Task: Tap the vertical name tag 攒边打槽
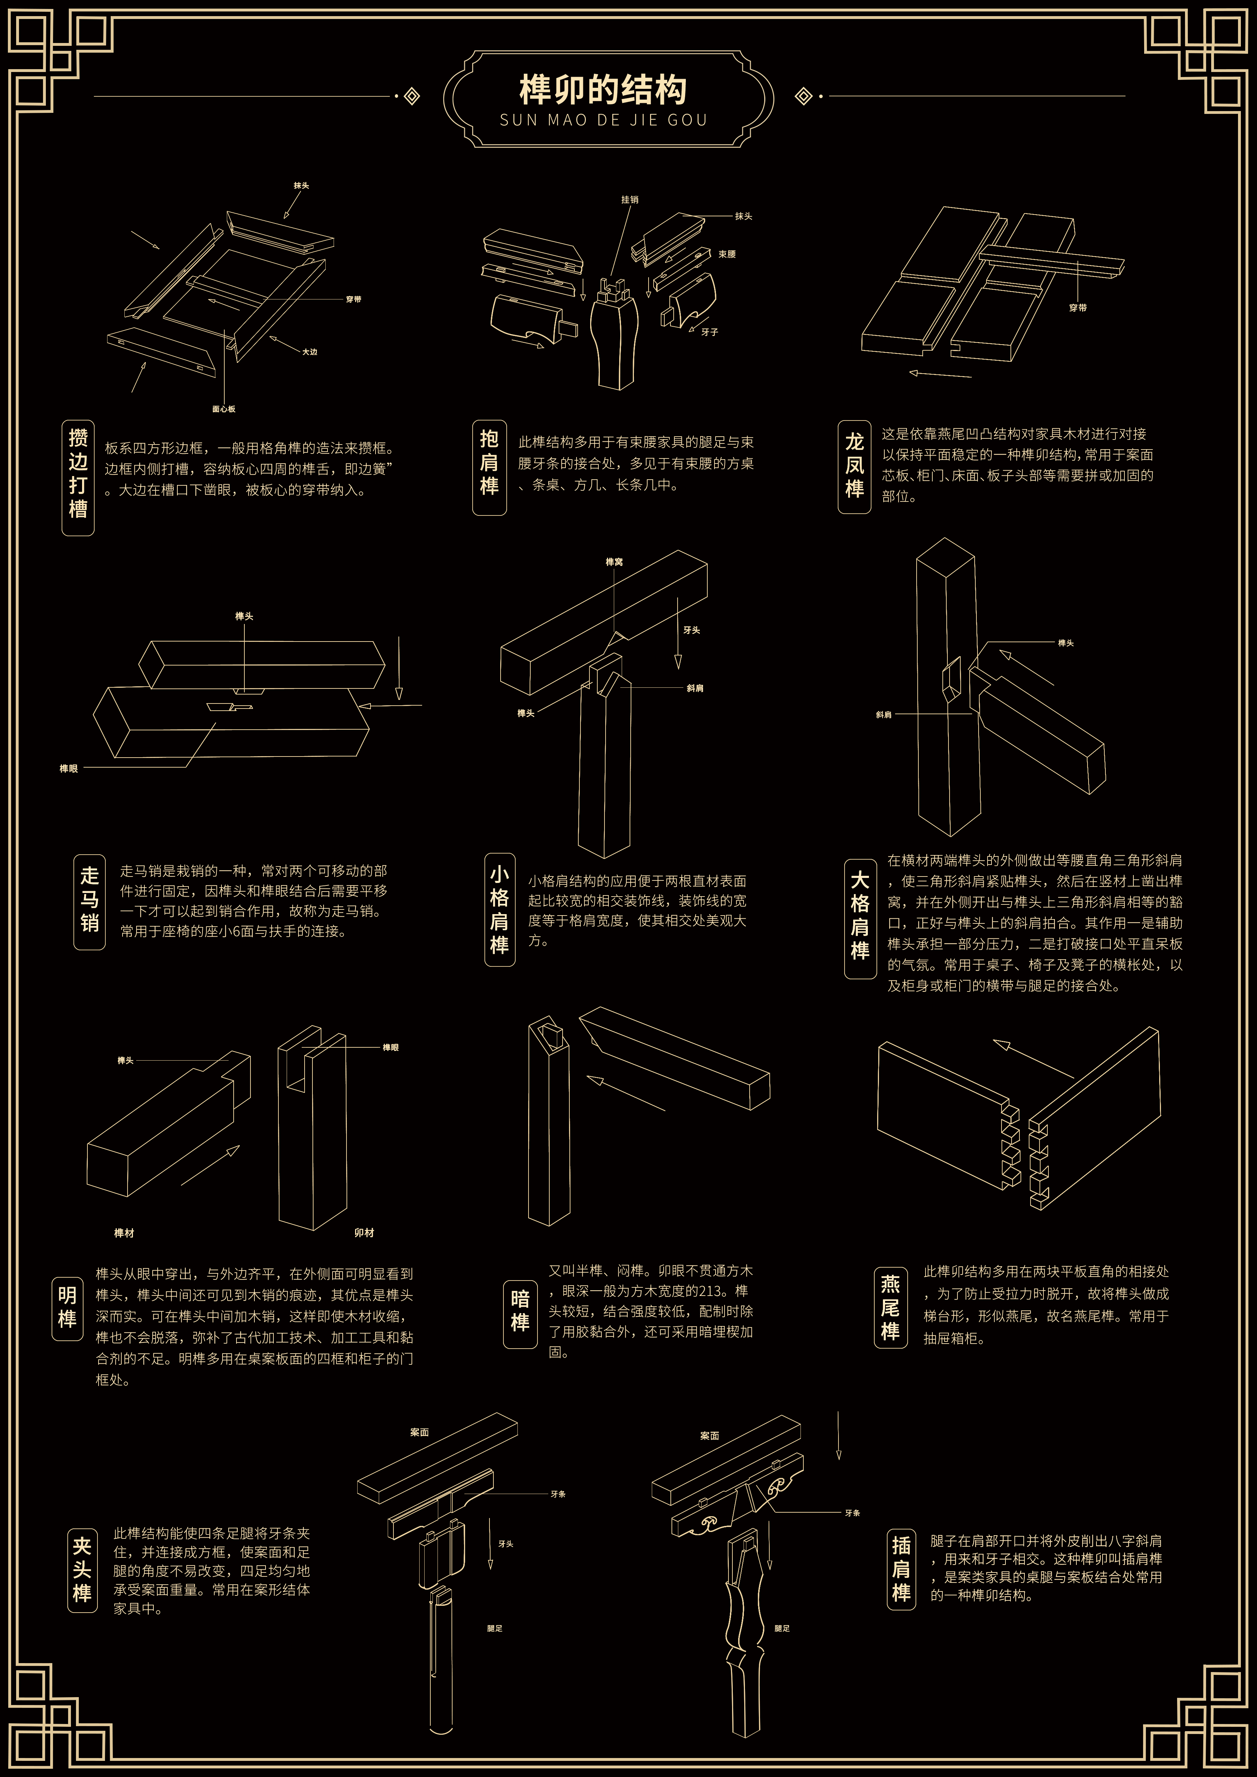78,477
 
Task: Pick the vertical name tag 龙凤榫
855,467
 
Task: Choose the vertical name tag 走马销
90,902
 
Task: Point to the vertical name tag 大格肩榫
860,918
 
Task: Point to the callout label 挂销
630,200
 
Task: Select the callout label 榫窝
615,562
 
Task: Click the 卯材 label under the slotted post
364,1233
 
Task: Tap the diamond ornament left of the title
412,96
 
